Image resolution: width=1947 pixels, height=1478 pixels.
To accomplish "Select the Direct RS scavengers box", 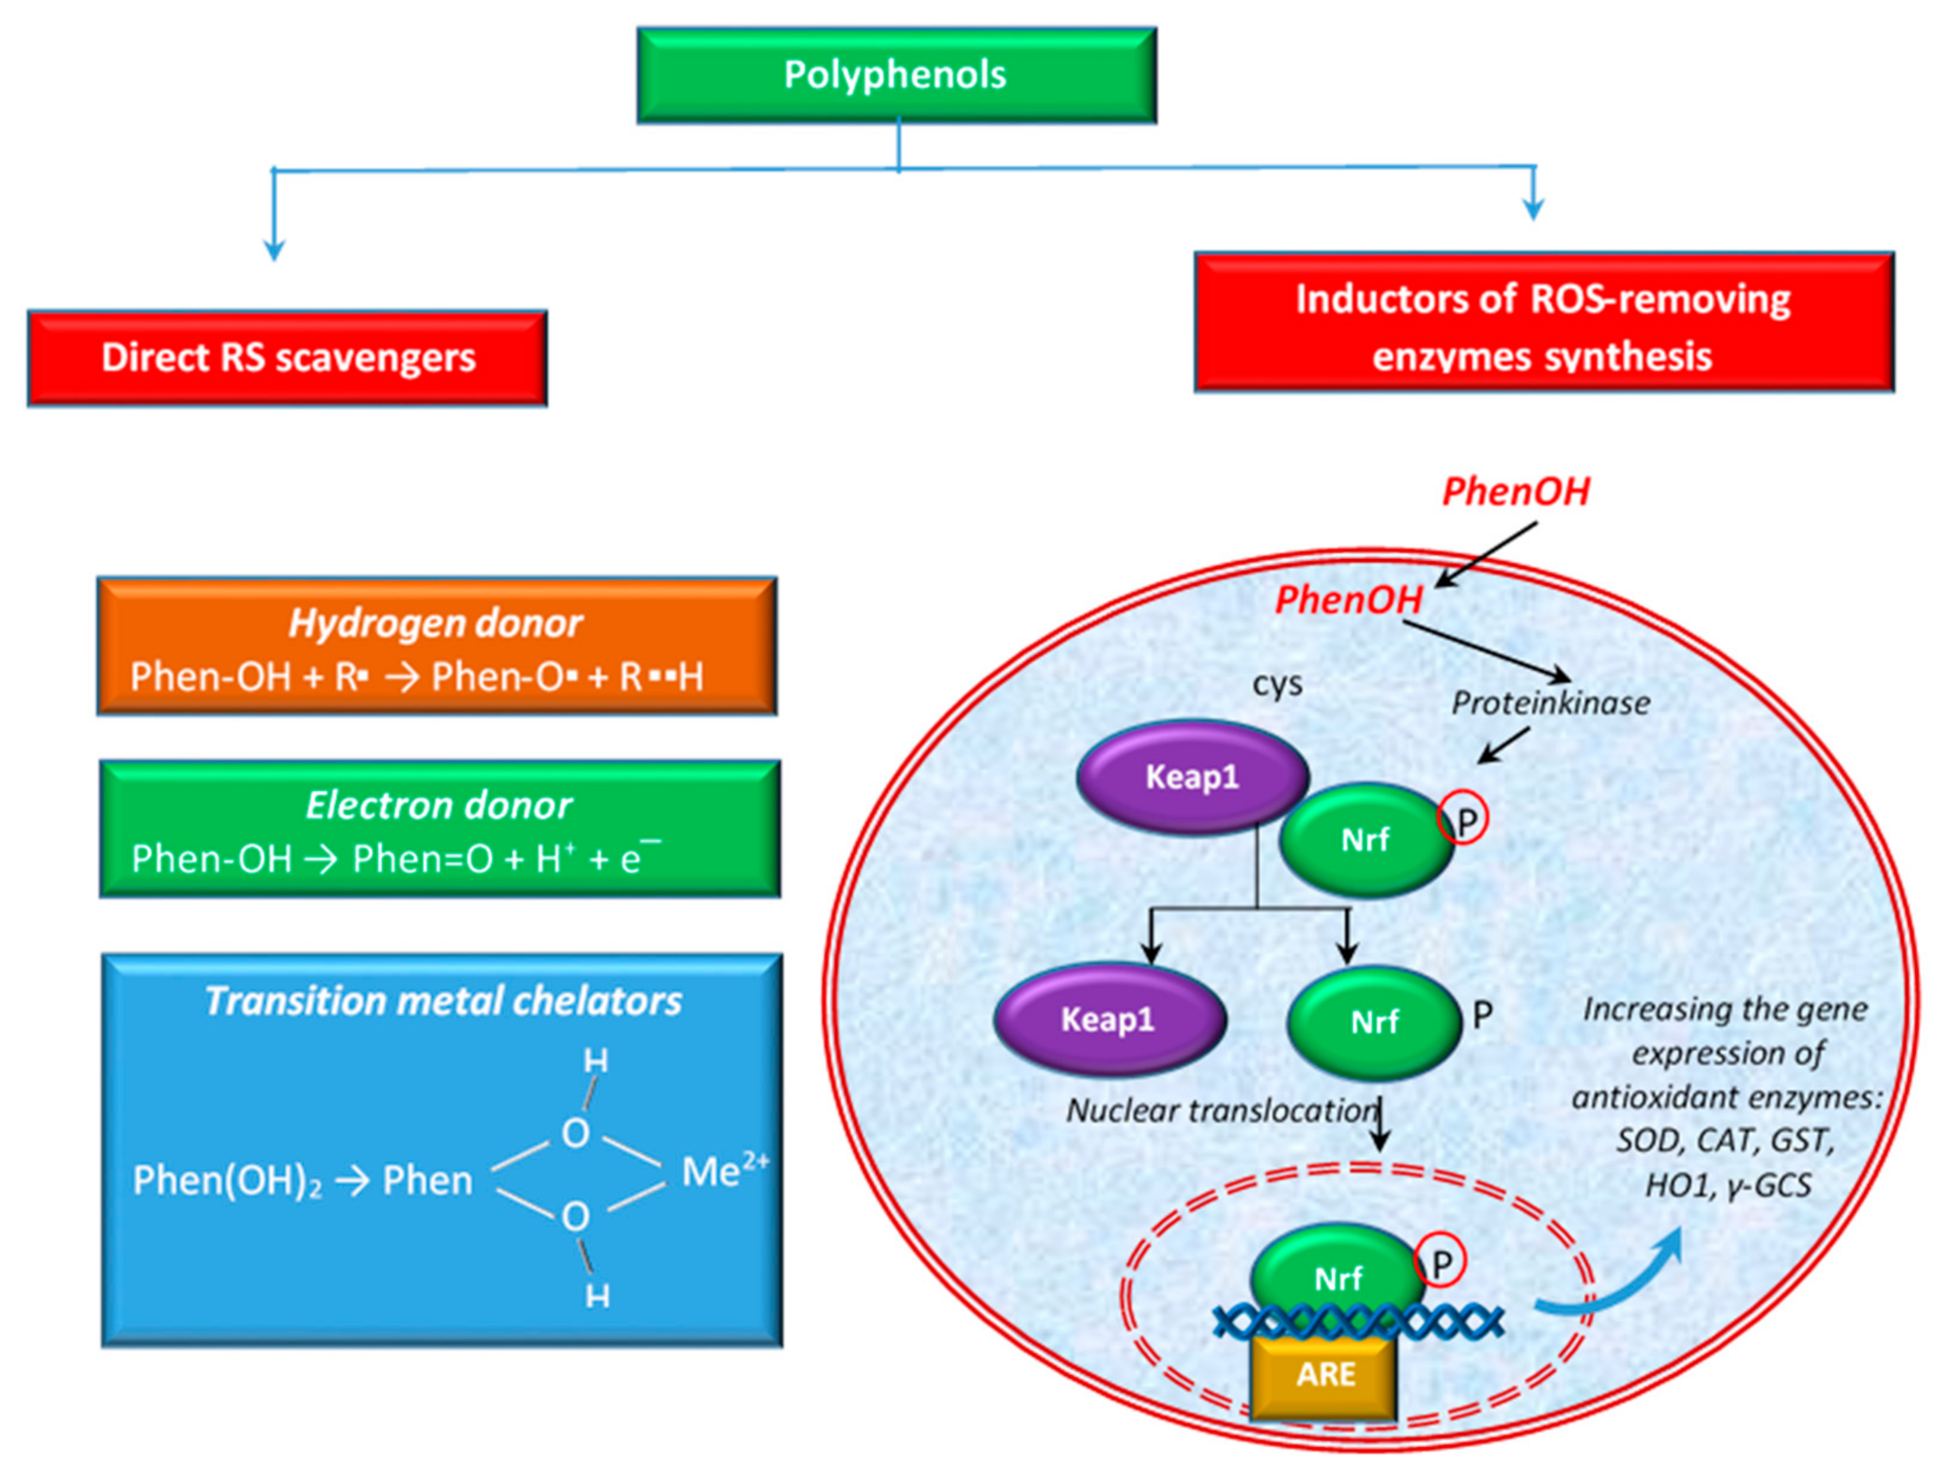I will pyautogui.click(x=287, y=358).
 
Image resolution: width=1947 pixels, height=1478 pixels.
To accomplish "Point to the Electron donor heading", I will pyautogui.click(x=438, y=805).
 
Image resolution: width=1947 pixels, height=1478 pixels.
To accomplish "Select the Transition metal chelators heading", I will pyautogui.click(x=443, y=1001).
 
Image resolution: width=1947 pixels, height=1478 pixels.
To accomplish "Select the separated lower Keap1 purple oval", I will pyautogui.click(x=1108, y=1020).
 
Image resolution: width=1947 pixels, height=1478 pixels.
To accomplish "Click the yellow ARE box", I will pyautogui.click(x=1324, y=1374).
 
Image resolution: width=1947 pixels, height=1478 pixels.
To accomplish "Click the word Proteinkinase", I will pyautogui.click(x=1550, y=702).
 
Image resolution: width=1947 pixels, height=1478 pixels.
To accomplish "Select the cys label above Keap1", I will pyautogui.click(x=1277, y=684).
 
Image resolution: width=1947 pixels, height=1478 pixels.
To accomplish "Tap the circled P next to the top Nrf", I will pyautogui.click(x=1464, y=822).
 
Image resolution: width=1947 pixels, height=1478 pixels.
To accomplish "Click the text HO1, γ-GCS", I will pyautogui.click(x=1728, y=1185).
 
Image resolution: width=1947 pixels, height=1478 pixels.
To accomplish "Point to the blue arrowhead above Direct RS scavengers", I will pyautogui.click(x=274, y=250).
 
